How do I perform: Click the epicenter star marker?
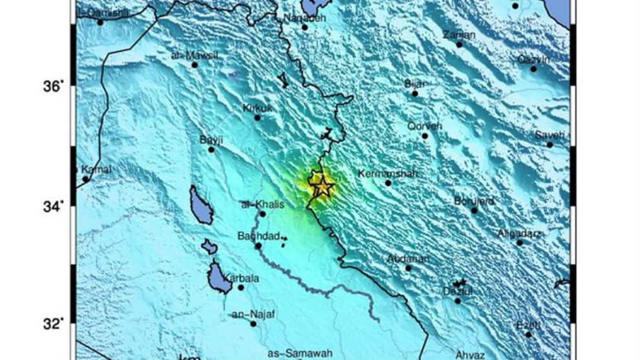(x=323, y=187)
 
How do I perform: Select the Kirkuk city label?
(x=257, y=108)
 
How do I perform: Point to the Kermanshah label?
(x=387, y=173)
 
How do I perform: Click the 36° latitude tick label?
(x=54, y=87)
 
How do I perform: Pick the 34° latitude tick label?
(x=54, y=207)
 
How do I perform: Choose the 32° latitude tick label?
(x=54, y=324)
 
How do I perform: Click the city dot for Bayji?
(x=211, y=149)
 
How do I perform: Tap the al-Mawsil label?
(x=195, y=56)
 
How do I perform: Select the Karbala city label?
(x=240, y=279)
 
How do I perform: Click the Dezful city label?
(x=458, y=291)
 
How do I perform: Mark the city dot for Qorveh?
(x=425, y=135)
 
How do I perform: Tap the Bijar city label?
(x=415, y=83)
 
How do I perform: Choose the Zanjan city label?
(x=459, y=35)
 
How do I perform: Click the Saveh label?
(x=549, y=135)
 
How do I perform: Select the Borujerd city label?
(x=474, y=201)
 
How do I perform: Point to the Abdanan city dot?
(x=409, y=268)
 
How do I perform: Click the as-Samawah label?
(x=300, y=353)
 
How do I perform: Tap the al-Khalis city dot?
(x=262, y=213)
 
